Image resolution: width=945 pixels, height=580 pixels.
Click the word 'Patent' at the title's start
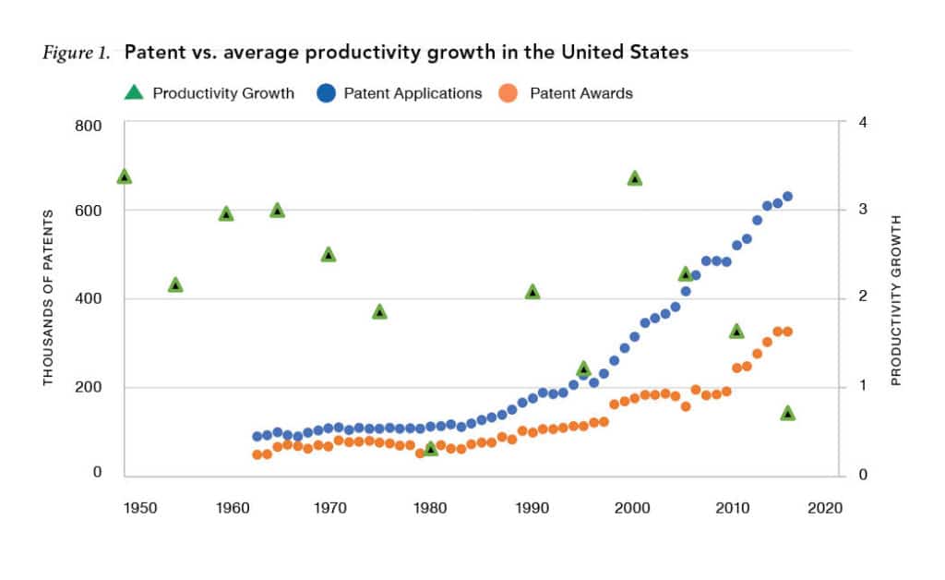coord(150,52)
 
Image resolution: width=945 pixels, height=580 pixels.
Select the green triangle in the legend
coord(134,92)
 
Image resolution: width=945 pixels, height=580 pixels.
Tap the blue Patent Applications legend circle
coord(327,92)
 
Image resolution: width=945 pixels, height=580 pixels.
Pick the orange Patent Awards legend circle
coord(512,92)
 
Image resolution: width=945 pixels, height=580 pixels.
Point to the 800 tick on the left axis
coord(88,125)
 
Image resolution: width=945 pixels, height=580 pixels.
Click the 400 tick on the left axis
coord(88,299)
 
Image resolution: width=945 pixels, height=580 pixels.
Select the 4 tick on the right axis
coord(860,123)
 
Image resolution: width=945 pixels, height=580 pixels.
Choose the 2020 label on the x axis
coord(824,508)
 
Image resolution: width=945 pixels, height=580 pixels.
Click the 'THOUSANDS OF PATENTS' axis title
coord(49,297)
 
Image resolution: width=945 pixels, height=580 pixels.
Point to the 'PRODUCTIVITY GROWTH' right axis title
coord(895,300)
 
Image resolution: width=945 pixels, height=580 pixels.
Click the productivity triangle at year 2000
coord(634,178)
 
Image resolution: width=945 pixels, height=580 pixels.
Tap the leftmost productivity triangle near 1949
coord(125,176)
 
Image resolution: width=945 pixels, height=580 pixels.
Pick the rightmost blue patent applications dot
coord(787,197)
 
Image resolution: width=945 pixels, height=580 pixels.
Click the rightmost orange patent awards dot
coord(787,332)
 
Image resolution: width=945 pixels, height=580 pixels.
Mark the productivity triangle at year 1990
coord(532,292)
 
